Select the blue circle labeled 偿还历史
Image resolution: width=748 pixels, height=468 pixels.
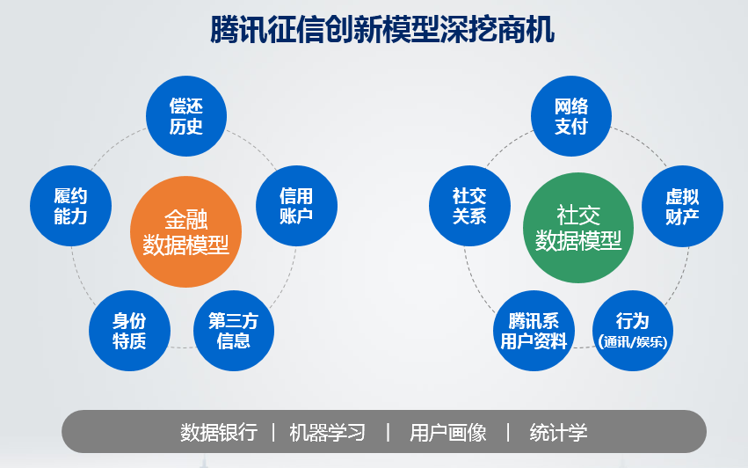(185, 116)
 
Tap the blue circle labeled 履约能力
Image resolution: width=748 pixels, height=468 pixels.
(70, 206)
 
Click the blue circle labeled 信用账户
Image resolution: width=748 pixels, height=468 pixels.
(296, 206)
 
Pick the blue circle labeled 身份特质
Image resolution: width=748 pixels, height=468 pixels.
(129, 331)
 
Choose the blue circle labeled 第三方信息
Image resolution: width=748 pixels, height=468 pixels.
(233, 331)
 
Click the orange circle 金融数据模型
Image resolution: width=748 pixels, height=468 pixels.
(185, 232)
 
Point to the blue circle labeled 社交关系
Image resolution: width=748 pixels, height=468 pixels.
(469, 206)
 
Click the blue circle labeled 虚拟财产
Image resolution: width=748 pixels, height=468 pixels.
(682, 206)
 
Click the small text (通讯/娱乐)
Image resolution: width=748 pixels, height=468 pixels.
(633, 342)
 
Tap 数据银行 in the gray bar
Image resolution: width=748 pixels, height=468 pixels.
(219, 433)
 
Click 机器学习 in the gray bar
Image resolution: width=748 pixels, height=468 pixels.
(327, 433)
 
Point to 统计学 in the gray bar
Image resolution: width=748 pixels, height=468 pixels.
(558, 433)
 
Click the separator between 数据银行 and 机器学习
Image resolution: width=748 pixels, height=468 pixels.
(273, 433)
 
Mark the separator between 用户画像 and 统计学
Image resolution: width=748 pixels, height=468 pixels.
(508, 433)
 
